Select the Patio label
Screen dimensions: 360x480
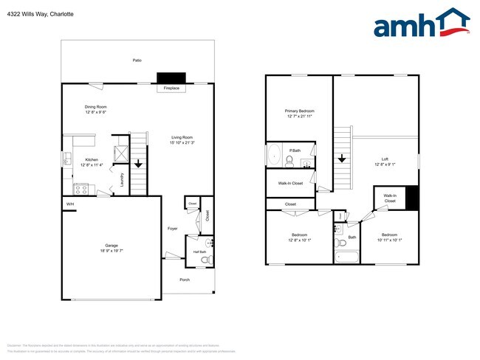pyautogui.click(x=137, y=60)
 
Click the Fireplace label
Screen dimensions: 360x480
pyautogui.click(x=172, y=89)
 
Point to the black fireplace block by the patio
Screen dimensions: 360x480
pyautogui.click(x=171, y=77)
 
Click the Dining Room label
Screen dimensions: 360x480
pyautogui.click(x=96, y=107)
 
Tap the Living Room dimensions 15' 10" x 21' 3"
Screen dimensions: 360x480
pyautogui.click(x=182, y=142)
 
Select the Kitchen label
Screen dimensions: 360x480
pyautogui.click(x=92, y=159)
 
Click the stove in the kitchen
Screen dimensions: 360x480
pyautogui.click(x=81, y=189)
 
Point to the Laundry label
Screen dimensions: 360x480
pyautogui.click(x=121, y=179)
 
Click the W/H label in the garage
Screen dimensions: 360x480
pyautogui.click(x=70, y=204)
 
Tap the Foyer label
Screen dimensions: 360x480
pyautogui.click(x=172, y=228)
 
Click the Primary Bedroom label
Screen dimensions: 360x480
pyautogui.click(x=300, y=111)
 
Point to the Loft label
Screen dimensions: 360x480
pyautogui.click(x=384, y=159)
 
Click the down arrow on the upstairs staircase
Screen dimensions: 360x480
pyautogui.click(x=342, y=158)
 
